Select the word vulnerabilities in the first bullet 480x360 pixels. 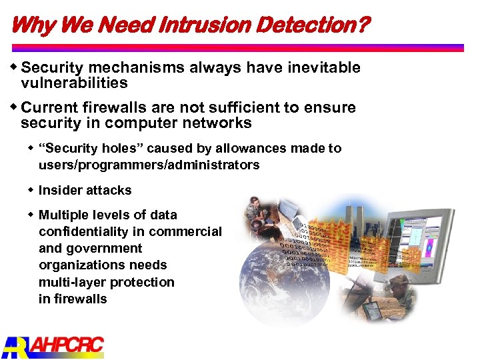tap(74, 83)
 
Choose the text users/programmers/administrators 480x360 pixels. tap(149, 165)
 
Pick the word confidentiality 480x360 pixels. tap(88, 231)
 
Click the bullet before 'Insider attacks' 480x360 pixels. tap(31, 190)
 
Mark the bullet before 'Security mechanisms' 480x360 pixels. tap(15, 67)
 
